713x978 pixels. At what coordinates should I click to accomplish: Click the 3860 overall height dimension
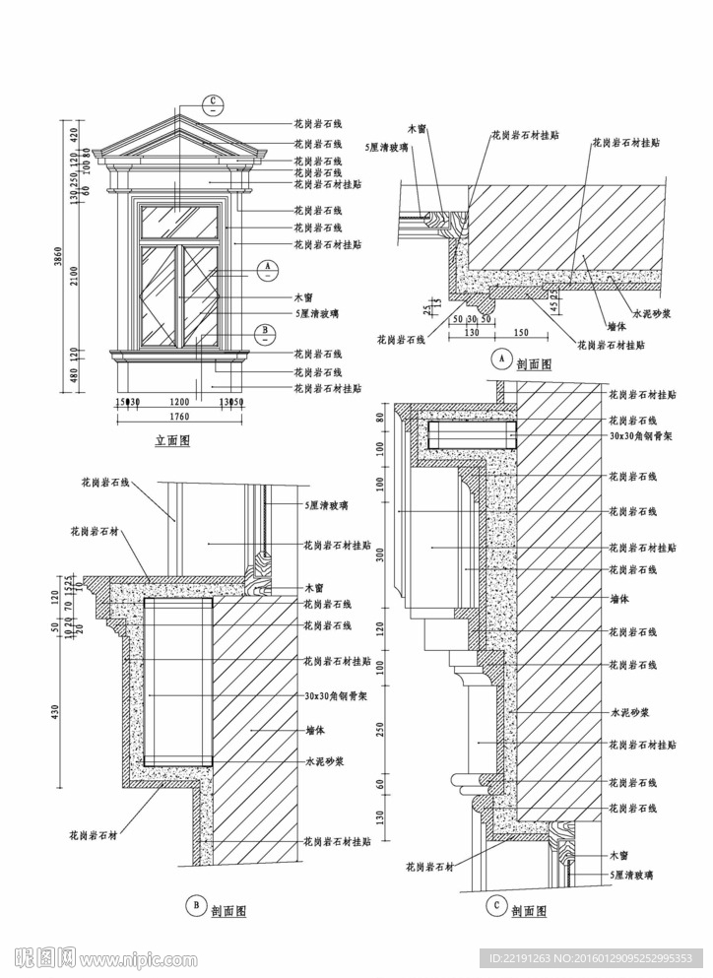(61, 258)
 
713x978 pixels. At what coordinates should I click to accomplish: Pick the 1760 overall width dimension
(179, 418)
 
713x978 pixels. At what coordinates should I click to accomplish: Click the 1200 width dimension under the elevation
(179, 402)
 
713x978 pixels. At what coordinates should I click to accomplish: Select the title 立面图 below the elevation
(172, 441)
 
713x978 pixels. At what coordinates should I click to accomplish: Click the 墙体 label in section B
(316, 732)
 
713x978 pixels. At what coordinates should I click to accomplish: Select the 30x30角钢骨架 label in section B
(334, 695)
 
